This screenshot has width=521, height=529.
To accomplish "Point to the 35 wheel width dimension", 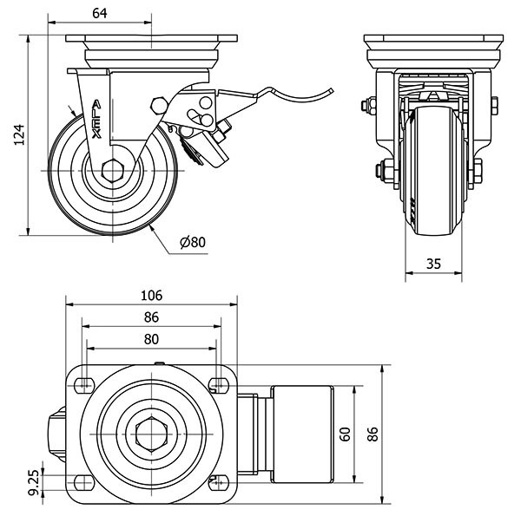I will [434, 264].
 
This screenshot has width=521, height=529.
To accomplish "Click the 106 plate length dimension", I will [152, 295].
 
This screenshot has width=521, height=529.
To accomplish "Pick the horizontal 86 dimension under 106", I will [152, 317].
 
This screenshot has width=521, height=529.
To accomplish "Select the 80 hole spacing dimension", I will [152, 339].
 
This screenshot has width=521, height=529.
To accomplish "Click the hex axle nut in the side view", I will [114, 171].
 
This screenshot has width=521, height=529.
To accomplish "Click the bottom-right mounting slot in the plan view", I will [218, 482].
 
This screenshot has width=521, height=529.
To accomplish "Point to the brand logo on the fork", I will [97, 120].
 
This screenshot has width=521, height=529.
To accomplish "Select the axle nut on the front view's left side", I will [379, 169].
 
